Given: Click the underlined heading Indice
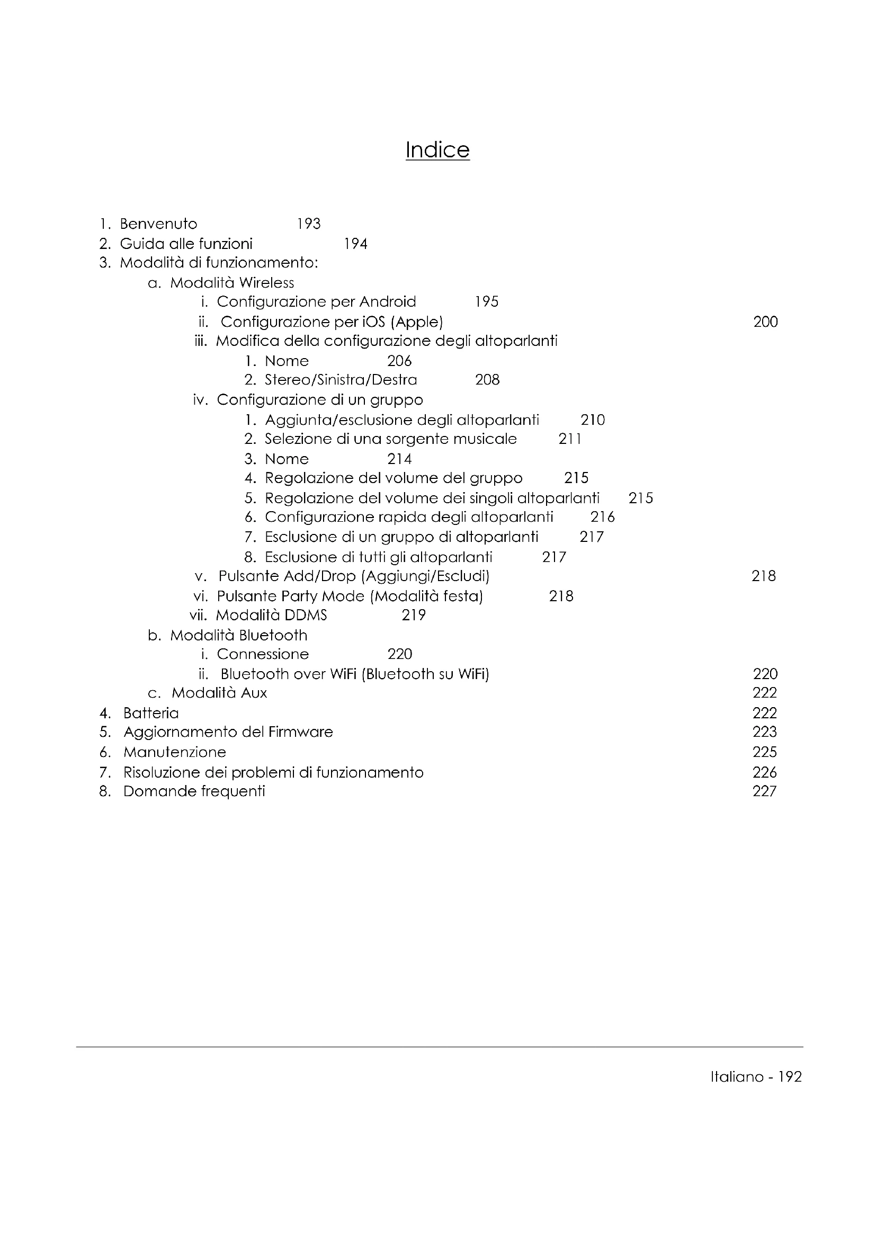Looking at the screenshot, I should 437,149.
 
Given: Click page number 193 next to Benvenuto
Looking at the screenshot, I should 309,224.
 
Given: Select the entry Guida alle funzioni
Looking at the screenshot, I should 185,244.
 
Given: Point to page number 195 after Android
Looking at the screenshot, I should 487,301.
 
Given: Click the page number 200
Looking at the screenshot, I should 765,322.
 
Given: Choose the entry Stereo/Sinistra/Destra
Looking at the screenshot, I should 341,380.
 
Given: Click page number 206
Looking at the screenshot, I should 399,361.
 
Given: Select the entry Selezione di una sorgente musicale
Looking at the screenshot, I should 390,439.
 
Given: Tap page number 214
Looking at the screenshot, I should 399,459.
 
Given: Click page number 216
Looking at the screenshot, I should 602,517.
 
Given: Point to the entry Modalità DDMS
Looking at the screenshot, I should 271,615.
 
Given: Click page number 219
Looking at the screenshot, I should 414,615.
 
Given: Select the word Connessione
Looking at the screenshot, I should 263,654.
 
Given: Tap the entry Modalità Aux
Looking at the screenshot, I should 219,693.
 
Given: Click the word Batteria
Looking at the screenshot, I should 150,714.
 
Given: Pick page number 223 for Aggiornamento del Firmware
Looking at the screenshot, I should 764,732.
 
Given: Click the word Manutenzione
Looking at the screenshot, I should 174,752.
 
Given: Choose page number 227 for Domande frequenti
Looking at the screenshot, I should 764,791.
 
